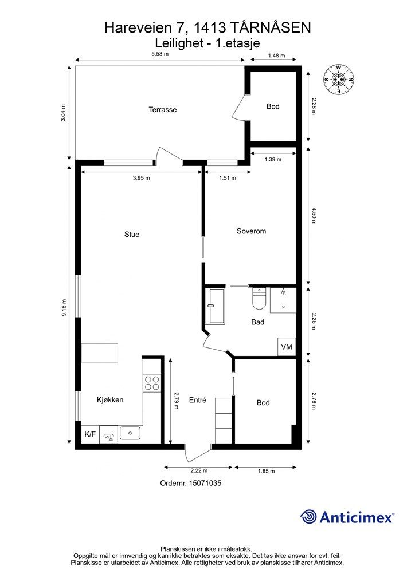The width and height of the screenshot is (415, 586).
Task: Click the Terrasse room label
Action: click(x=162, y=109)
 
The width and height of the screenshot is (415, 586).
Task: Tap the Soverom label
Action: click(x=251, y=231)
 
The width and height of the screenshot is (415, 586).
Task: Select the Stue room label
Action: click(x=132, y=234)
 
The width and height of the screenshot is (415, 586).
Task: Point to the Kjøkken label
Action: click(x=110, y=399)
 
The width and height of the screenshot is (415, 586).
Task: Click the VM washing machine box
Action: click(x=287, y=346)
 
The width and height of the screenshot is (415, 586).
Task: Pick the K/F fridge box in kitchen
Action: click(x=90, y=434)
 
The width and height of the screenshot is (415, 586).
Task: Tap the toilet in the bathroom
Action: click(x=259, y=299)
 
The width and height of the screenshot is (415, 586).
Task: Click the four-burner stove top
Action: click(x=152, y=383)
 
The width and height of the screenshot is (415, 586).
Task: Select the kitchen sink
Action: click(x=130, y=433)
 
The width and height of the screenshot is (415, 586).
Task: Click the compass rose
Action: click(x=338, y=79)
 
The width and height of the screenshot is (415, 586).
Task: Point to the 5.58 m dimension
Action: click(x=160, y=53)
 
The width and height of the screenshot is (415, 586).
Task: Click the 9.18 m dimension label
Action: click(x=64, y=307)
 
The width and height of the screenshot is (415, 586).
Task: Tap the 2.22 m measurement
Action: click(x=199, y=470)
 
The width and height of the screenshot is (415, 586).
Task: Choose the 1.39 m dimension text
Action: click(x=273, y=159)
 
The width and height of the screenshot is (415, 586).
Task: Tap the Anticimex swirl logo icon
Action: click(x=308, y=517)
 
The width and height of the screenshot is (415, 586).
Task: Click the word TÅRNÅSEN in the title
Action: click(x=270, y=28)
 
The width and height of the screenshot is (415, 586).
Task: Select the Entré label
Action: click(x=198, y=400)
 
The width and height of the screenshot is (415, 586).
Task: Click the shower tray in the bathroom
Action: click(x=283, y=300)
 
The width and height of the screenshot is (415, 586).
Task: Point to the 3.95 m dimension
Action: click(x=142, y=178)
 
